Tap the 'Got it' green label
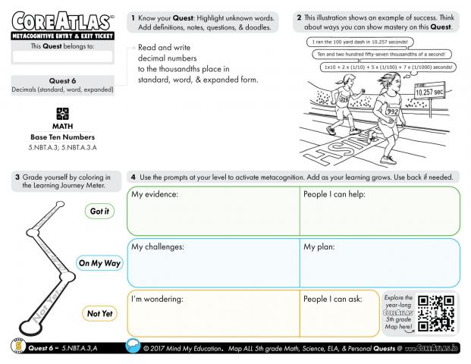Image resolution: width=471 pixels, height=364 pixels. (x=99, y=212)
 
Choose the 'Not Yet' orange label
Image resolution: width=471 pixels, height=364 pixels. (x=99, y=312)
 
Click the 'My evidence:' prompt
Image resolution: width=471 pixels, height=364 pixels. (x=155, y=195)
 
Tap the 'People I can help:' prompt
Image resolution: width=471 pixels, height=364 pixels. (x=334, y=195)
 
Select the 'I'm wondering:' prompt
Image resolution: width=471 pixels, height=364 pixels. (x=157, y=299)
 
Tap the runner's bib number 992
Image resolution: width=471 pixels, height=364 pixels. (x=392, y=110)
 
